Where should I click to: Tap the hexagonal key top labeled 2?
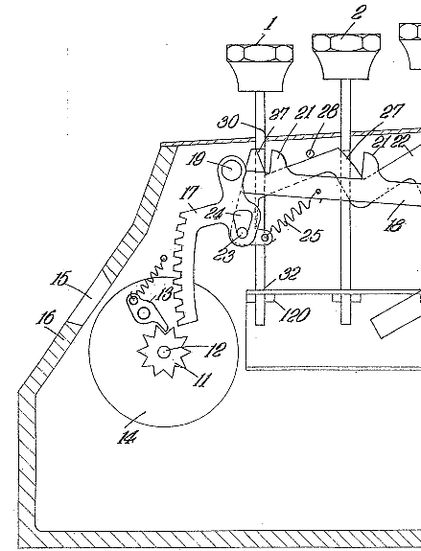[346, 42]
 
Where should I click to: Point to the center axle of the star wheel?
[164, 352]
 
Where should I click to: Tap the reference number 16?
[46, 318]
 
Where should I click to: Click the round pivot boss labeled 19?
[231, 168]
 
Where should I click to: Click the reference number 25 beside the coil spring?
[310, 235]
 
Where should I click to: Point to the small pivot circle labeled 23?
[242, 232]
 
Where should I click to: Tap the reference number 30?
[228, 122]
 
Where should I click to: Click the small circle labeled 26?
[310, 153]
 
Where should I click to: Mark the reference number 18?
[394, 225]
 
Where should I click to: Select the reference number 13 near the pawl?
[164, 293]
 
